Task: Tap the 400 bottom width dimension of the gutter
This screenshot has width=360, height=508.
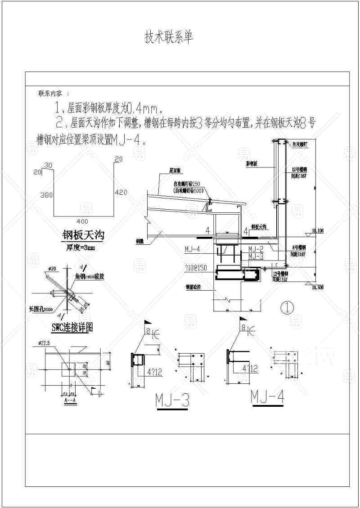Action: [82, 221]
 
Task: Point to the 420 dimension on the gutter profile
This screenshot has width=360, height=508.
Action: [121, 192]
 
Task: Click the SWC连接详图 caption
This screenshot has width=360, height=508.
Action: [72, 328]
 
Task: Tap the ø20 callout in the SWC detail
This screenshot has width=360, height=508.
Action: [52, 269]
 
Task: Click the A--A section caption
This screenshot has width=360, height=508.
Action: [70, 399]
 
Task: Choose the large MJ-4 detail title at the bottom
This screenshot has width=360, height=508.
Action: [268, 396]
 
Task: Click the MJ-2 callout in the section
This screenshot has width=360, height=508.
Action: [255, 248]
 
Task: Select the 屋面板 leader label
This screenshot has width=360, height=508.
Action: [175, 171]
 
